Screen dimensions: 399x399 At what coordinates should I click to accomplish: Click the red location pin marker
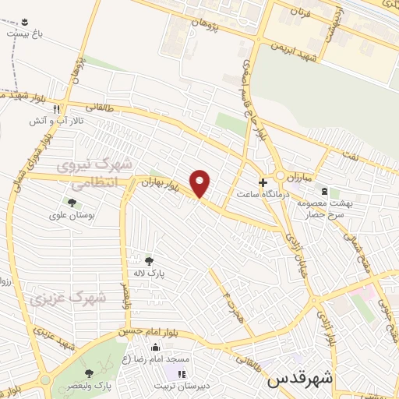(201, 182)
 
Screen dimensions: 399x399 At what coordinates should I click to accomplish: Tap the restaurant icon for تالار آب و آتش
(56, 110)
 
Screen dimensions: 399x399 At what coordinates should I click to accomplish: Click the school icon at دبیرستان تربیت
(182, 375)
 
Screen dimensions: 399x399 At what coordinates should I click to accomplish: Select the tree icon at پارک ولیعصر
(88, 373)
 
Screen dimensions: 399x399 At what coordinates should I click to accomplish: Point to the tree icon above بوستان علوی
(72, 203)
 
